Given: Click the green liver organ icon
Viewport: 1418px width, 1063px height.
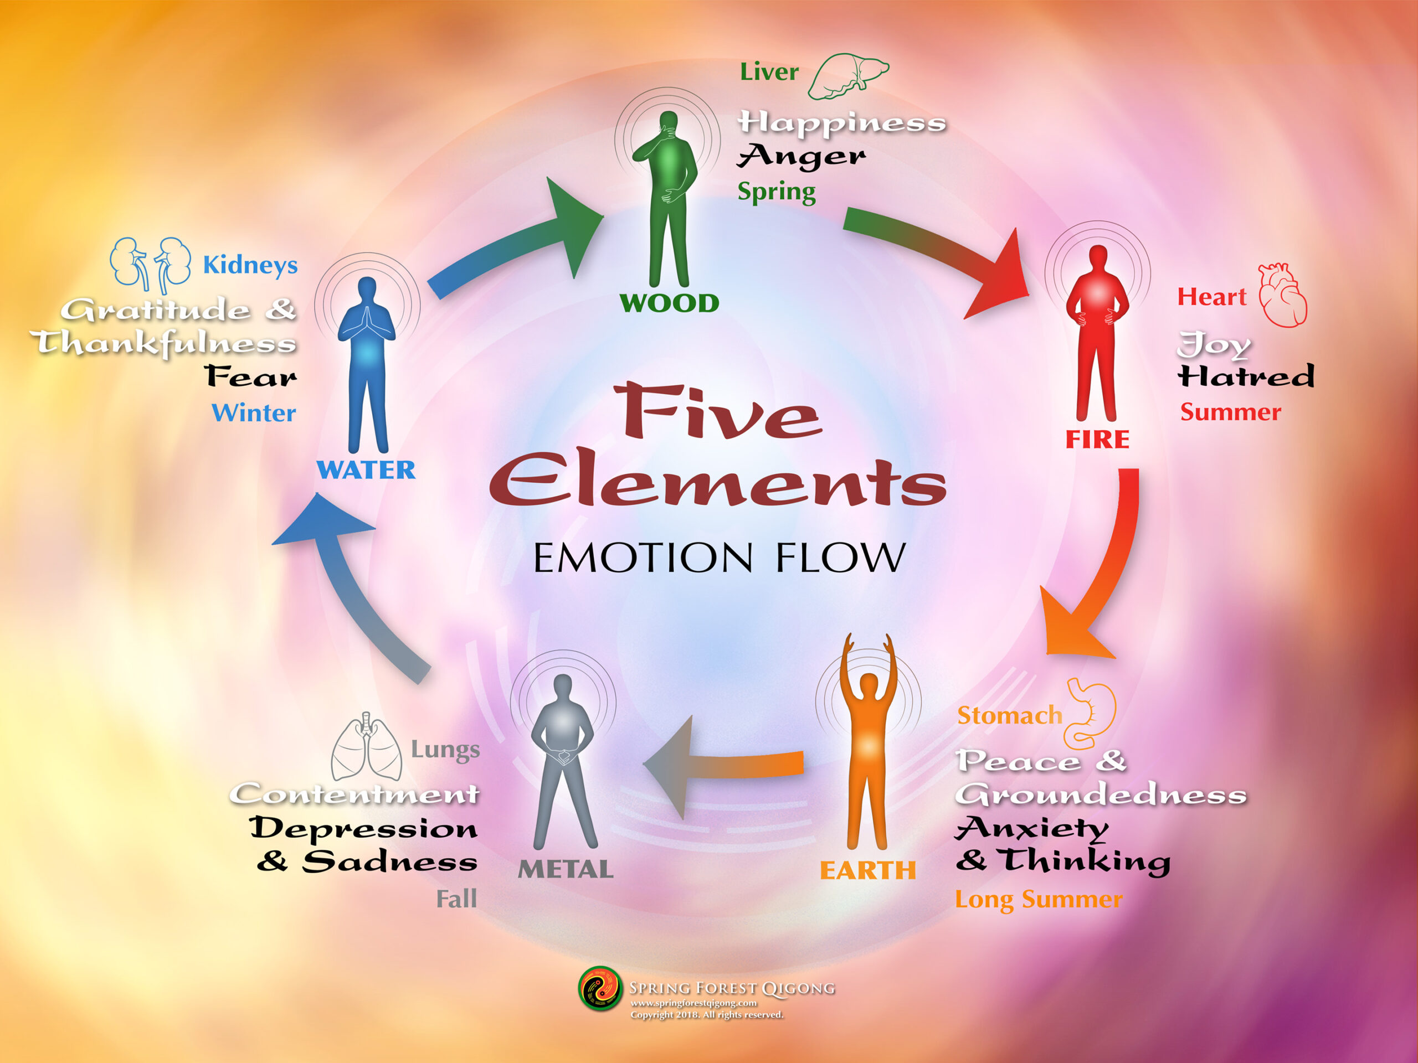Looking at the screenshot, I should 847,77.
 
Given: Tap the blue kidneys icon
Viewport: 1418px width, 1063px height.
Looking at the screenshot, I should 150,264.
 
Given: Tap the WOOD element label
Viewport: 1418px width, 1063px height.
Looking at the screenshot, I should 669,303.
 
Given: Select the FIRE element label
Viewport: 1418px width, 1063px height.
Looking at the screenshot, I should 1097,440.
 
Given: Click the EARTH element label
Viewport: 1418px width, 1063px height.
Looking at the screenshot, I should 867,870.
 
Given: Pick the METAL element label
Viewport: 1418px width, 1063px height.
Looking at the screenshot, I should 566,869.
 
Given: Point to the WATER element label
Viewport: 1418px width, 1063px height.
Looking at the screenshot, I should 366,470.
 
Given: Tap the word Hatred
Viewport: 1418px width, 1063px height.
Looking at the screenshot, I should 1246,376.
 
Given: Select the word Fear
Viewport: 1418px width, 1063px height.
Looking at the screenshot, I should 251,376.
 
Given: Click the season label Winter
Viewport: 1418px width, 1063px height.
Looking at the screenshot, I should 254,412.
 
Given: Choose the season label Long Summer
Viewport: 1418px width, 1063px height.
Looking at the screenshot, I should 1039,899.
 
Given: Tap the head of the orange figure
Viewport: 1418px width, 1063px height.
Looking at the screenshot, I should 869,685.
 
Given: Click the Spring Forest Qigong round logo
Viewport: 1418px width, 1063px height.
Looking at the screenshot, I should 600,989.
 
